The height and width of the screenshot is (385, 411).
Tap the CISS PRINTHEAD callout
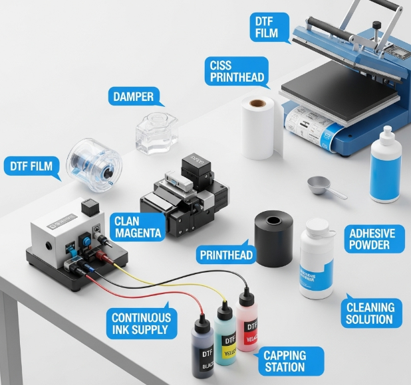tap(237, 71)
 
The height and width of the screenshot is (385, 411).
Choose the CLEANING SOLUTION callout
tap(370, 313)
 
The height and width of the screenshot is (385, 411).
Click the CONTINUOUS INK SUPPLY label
tap(142, 323)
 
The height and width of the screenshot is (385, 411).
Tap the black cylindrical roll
tap(274, 239)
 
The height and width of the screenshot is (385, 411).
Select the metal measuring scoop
tap(325, 187)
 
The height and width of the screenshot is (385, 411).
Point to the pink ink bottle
tap(248, 323)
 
